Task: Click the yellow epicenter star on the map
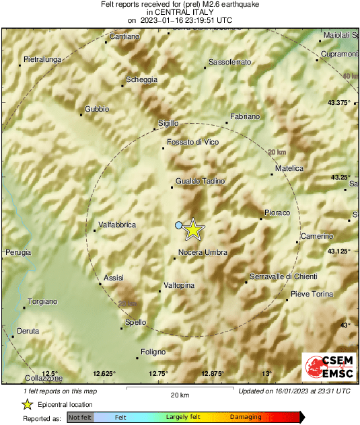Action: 193,229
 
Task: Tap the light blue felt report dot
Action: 179,225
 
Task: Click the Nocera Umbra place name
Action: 203,253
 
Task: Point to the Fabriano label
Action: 244,117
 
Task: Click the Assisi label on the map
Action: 114,278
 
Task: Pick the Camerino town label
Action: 317,236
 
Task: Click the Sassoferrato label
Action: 229,63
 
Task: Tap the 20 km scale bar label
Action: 180,395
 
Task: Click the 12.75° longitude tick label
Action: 158,374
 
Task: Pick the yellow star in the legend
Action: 27,404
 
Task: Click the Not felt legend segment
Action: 80,418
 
